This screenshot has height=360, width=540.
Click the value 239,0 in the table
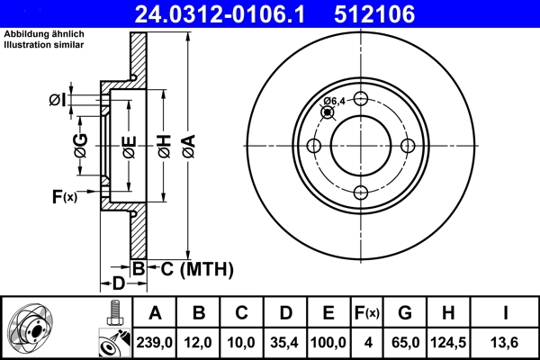coord(155,342)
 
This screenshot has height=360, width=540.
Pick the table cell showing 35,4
coord(285,342)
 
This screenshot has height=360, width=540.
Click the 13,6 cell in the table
coord(508,342)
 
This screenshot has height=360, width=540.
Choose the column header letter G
coord(405,313)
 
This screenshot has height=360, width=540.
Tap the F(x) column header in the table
coord(367,313)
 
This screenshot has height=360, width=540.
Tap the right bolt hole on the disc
coord(408,147)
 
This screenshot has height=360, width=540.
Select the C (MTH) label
coord(194,268)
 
